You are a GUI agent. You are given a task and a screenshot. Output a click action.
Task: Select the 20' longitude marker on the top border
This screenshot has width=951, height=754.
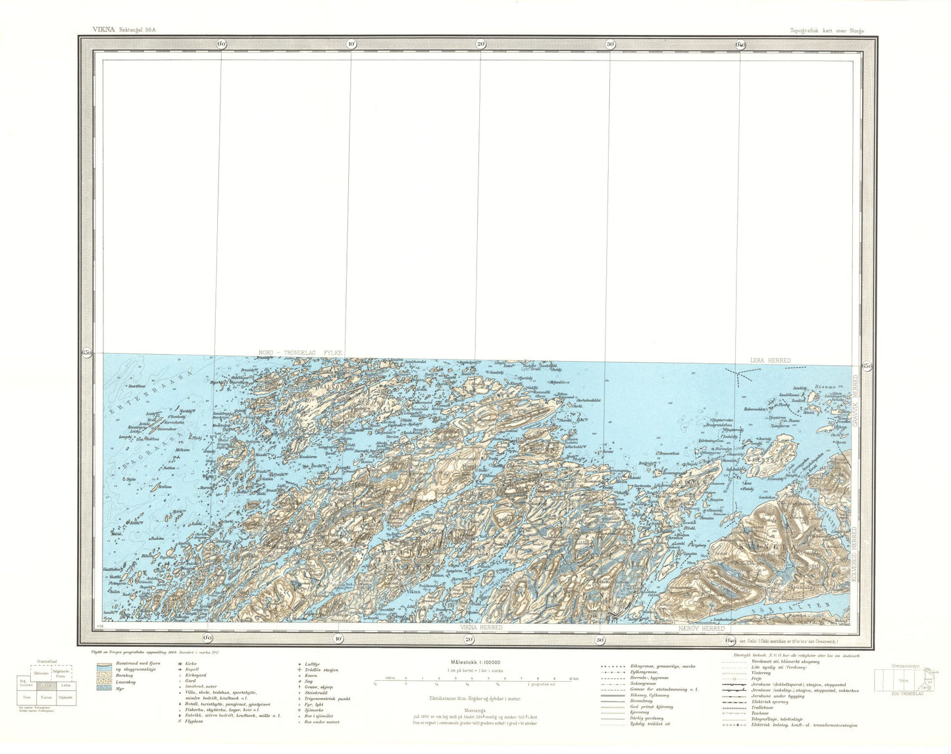click(480, 44)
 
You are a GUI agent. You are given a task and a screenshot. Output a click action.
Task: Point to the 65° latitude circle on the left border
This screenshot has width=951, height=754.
click(86, 353)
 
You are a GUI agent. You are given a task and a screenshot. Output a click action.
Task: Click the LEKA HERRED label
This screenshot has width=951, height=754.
click(771, 361)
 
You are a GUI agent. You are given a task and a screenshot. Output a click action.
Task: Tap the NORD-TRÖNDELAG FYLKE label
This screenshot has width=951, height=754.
click(300, 353)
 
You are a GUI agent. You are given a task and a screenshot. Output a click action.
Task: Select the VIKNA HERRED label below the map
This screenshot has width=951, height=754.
click(481, 628)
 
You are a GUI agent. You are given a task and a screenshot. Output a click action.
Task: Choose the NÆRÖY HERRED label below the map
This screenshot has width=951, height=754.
click(701, 628)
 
